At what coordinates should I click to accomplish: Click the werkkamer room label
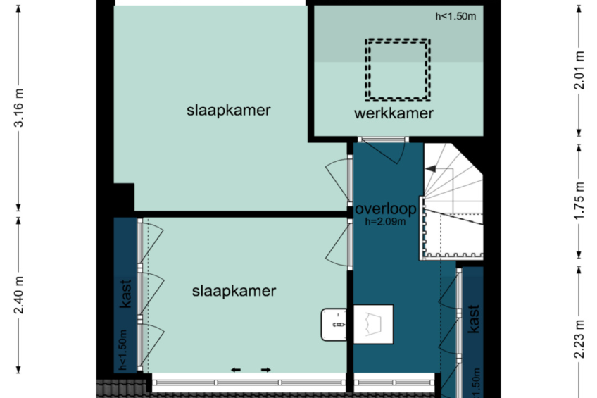tap(394, 113)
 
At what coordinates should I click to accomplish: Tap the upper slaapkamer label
tap(228, 111)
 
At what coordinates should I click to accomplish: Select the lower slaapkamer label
tap(234, 292)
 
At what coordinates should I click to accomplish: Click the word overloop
tap(386, 209)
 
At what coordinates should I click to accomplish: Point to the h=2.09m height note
tap(385, 222)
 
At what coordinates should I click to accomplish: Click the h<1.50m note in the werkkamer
tap(455, 16)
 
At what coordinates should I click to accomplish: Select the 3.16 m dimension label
tap(19, 108)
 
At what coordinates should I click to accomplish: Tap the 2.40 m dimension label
tap(19, 294)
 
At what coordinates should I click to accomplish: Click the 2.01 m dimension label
tap(579, 70)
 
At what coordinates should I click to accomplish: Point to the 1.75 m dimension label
tap(579, 201)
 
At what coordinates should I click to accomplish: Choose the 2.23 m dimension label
tap(579, 340)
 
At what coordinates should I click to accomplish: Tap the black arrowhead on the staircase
tap(431, 168)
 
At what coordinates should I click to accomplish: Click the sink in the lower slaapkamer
tap(334, 325)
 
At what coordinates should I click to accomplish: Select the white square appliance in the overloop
tap(373, 324)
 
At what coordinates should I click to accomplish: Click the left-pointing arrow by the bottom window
tap(236, 370)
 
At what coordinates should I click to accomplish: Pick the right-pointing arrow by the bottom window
tap(265, 370)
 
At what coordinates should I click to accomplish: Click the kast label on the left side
tap(125, 294)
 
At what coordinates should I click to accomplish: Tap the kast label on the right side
tap(474, 319)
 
